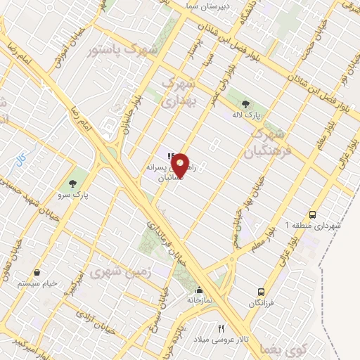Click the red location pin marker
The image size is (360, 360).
click(181, 165)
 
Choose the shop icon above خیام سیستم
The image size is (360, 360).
click(37, 272)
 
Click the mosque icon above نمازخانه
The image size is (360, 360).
click(199, 290)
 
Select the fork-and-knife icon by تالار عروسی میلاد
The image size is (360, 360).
click(221, 328)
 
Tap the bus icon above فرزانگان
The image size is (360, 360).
click(262, 291)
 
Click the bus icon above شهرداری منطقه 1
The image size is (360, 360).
click(312, 214)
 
